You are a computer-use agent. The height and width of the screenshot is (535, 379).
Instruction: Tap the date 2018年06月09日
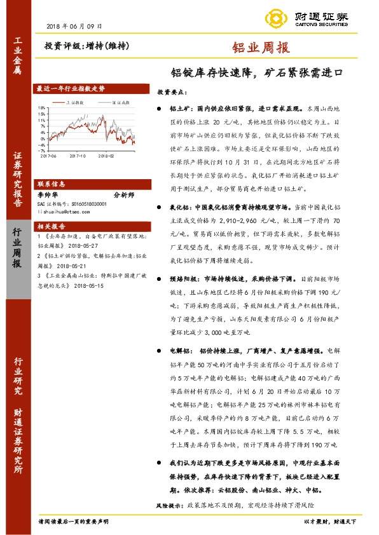(x=74, y=25)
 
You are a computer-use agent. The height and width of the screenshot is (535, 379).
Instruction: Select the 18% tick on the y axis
(x=42, y=108)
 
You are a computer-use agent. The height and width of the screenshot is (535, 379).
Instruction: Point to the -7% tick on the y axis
(x=42, y=151)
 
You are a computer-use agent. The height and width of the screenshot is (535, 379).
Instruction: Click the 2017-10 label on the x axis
(x=79, y=155)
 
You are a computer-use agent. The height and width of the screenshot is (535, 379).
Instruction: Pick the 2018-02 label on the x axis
(x=106, y=155)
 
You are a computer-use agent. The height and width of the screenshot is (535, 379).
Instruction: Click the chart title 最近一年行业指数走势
(x=71, y=89)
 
